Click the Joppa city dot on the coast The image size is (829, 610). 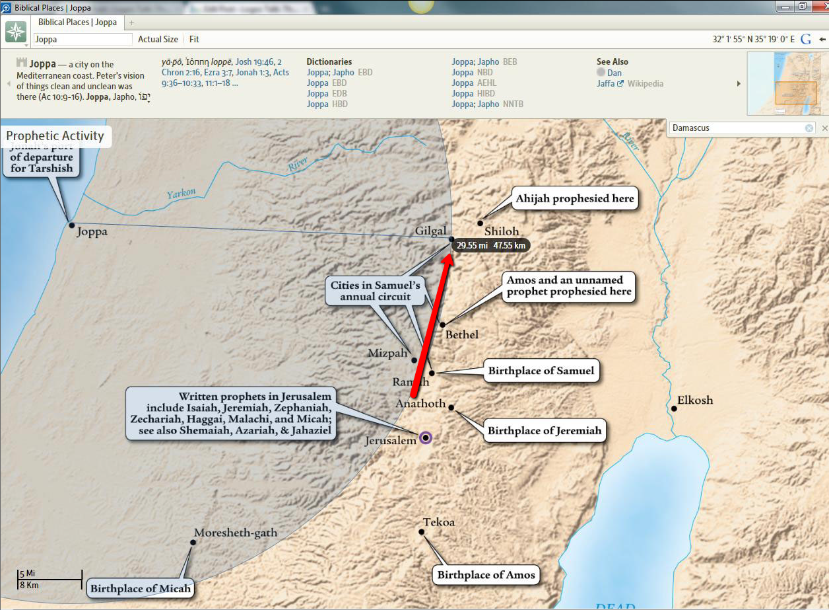[x=72, y=225]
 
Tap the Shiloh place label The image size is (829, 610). [x=502, y=232]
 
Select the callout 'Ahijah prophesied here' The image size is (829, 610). [x=575, y=198]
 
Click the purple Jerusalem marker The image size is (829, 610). [x=426, y=438]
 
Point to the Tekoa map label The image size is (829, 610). [x=439, y=522]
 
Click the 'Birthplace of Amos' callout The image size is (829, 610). [x=485, y=574]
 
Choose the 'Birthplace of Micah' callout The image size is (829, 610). [x=140, y=588]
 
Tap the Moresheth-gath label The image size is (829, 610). [x=236, y=533]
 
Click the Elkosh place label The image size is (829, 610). [x=695, y=400]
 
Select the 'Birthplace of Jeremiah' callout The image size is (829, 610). [x=545, y=431]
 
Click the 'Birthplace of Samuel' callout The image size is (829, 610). [x=541, y=371]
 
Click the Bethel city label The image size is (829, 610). [x=462, y=334]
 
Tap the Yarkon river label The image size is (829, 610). [x=181, y=193]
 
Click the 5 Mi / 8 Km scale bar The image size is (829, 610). [x=50, y=579]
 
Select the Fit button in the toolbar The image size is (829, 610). [x=194, y=40]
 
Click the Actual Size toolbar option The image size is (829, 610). [x=158, y=40]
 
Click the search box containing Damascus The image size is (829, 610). [x=738, y=128]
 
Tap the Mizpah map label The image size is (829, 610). [x=387, y=354]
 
